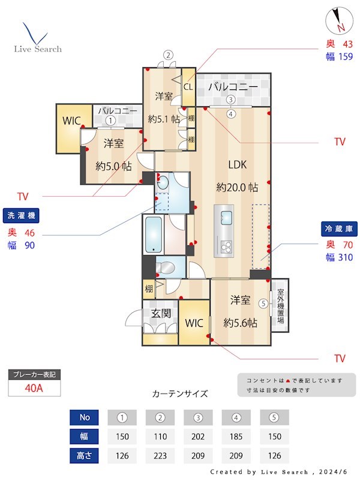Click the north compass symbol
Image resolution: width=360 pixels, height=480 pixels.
(x=337, y=22)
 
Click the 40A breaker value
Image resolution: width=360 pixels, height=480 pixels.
(x=35, y=388)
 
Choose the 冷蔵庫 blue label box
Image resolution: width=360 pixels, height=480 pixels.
(x=337, y=229)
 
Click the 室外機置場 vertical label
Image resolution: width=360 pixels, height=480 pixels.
(x=280, y=307)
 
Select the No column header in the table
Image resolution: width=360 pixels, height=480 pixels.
(x=83, y=417)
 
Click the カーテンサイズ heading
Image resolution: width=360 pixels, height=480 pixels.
(x=180, y=394)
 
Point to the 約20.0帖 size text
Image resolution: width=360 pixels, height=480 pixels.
(x=237, y=187)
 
